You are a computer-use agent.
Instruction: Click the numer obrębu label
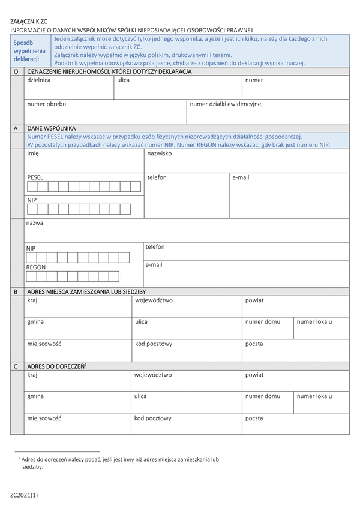click(x=46, y=104)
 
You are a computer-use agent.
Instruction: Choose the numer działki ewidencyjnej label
click(x=226, y=104)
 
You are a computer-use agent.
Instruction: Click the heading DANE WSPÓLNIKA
click(x=52, y=128)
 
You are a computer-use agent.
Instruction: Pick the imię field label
click(x=33, y=153)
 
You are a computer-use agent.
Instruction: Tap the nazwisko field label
click(x=160, y=153)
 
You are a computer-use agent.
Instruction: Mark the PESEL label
click(x=35, y=177)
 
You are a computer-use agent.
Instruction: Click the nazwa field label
click(x=34, y=223)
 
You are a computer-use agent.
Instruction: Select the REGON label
click(x=36, y=267)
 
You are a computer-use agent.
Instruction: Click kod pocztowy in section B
click(x=154, y=344)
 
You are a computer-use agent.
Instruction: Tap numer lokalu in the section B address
click(x=314, y=322)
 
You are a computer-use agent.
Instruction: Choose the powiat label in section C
click(x=254, y=375)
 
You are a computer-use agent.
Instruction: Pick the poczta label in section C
click(x=254, y=418)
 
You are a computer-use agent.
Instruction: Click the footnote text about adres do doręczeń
click(x=120, y=462)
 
